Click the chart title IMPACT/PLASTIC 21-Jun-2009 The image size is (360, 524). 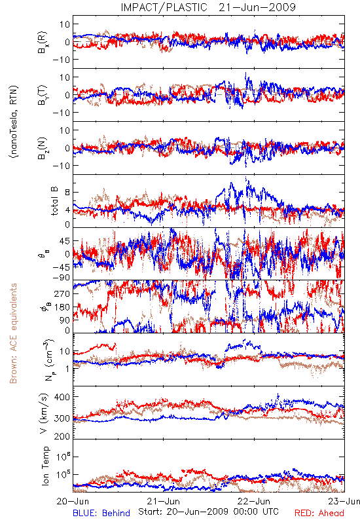pyautogui.click(x=208, y=7)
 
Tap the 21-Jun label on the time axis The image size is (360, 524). pyautogui.click(x=163, y=501)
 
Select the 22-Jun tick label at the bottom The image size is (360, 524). pyautogui.click(x=253, y=501)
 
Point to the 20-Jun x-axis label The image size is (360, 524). pyautogui.click(x=73, y=501)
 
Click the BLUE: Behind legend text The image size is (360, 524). pyautogui.click(x=101, y=513)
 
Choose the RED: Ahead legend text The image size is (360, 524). pyautogui.click(x=319, y=513)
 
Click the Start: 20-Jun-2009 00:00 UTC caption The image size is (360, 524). pyautogui.click(x=208, y=512)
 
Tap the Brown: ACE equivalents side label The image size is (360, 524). pyautogui.click(x=13, y=333)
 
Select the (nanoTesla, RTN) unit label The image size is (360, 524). pyautogui.click(x=14, y=121)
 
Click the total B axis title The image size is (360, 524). pyautogui.click(x=54, y=201)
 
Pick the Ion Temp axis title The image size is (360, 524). pyautogui.click(x=45, y=466)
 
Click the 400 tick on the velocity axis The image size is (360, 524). pyautogui.click(x=62, y=397)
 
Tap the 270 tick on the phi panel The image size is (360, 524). pyautogui.click(x=62, y=293)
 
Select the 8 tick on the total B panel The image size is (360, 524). pyautogui.click(x=67, y=193)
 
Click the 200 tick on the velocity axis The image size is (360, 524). pyautogui.click(x=62, y=436)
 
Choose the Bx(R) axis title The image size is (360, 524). pyautogui.click(x=42, y=42)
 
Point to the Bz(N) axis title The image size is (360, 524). pyautogui.click(x=42, y=148)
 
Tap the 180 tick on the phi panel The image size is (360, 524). pyautogui.click(x=62, y=307)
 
